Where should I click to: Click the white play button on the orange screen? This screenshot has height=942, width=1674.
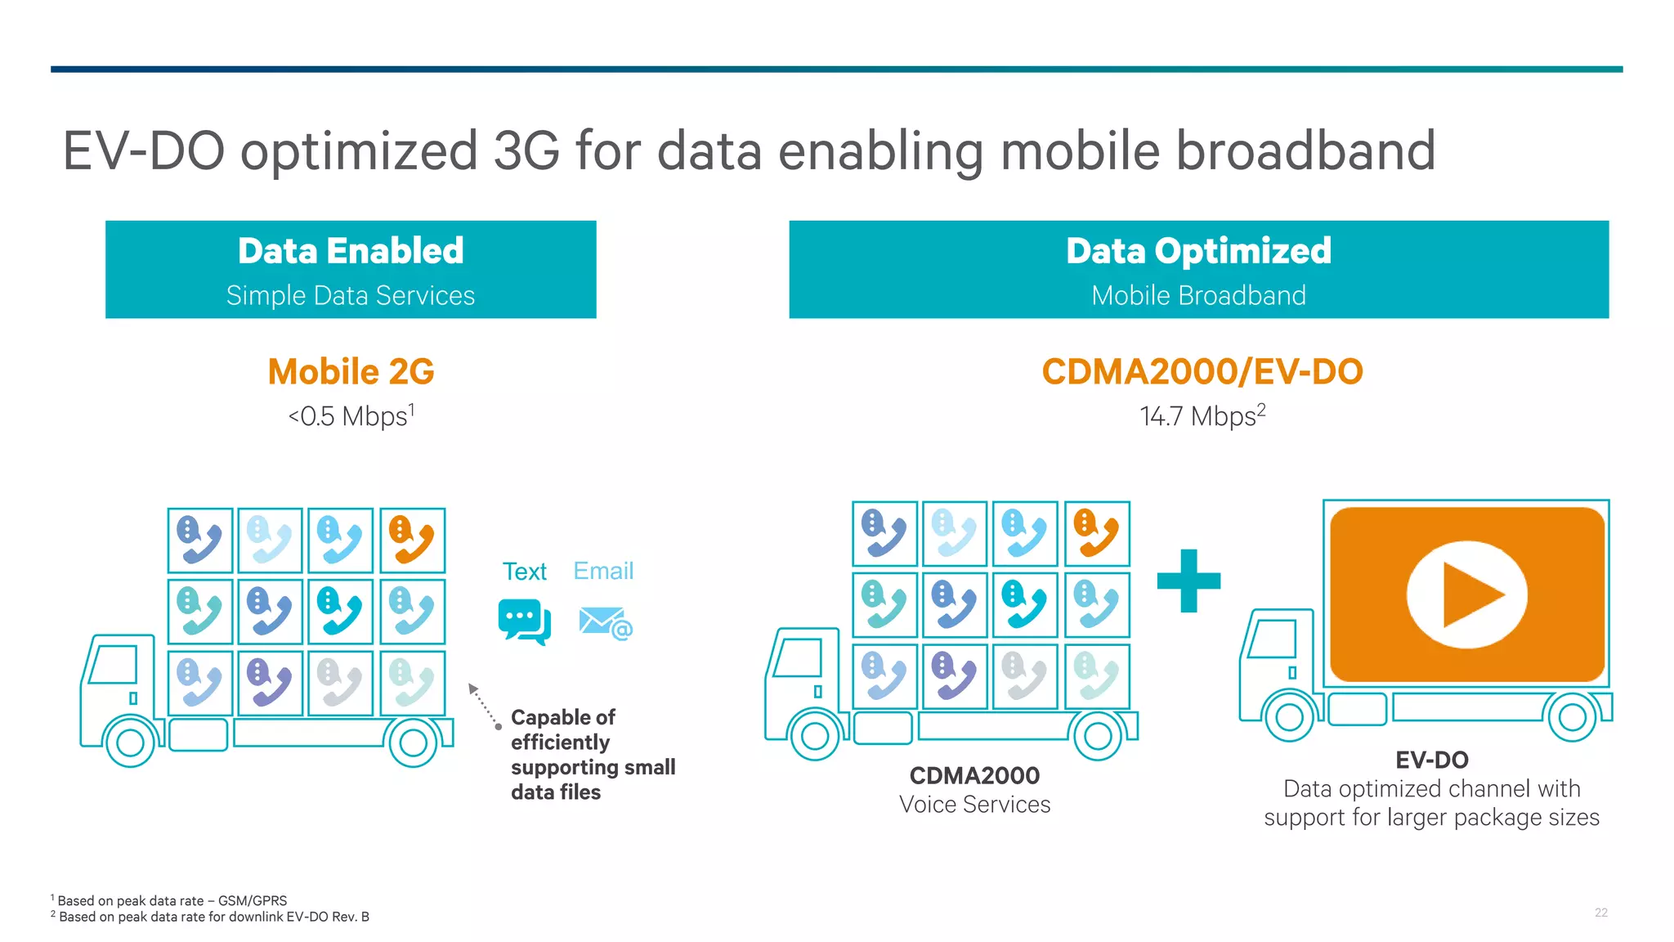coord(1467,594)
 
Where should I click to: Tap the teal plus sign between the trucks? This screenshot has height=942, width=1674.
coord(1188,581)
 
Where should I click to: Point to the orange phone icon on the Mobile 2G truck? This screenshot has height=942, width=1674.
coord(412,540)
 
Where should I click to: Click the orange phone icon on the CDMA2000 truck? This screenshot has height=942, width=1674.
coord(1097,533)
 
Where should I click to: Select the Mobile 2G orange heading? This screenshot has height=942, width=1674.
coord(351,372)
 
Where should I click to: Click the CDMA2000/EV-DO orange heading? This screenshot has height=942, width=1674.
coord(1202,372)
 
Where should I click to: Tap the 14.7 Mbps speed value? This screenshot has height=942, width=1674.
coord(1202,416)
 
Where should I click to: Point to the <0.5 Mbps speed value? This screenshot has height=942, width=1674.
coord(351,416)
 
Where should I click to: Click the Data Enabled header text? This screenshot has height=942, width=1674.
coord(351,251)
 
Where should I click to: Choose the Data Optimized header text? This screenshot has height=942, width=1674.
coord(1198,251)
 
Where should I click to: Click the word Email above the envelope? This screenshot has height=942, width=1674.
coord(603,571)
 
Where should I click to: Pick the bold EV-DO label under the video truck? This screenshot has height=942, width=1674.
coord(1431,760)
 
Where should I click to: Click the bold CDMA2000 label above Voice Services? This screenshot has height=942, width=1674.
coord(974,775)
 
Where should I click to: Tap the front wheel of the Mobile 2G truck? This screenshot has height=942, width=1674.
coord(131,742)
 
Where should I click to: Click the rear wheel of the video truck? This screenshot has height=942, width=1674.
coord(1572,717)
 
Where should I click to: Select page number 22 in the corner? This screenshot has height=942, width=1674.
coord(1600,913)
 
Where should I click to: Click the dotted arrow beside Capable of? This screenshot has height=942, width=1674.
coord(485,706)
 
